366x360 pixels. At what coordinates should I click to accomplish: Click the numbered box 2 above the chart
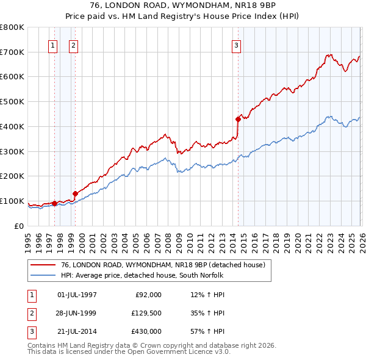click(x=73, y=45)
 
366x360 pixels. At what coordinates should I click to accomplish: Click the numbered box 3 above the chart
click(x=236, y=45)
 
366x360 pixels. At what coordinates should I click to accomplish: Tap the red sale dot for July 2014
click(x=238, y=119)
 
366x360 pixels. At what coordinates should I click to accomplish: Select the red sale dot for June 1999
click(x=75, y=193)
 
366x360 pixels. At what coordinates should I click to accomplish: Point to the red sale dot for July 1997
click(x=54, y=203)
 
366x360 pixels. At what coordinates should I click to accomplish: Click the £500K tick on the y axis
click(x=12, y=101)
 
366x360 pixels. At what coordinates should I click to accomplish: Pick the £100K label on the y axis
click(x=12, y=201)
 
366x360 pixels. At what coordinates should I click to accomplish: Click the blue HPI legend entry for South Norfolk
click(x=143, y=276)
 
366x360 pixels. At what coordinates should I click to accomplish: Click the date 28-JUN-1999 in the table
click(x=77, y=313)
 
